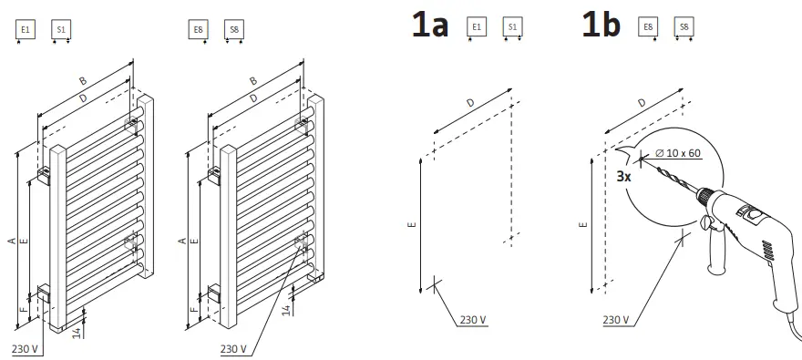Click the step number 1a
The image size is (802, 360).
[x=430, y=25]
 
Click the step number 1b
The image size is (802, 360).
[x=601, y=25]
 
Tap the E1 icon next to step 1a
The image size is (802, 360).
[x=476, y=28]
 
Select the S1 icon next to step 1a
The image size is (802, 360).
[x=512, y=28]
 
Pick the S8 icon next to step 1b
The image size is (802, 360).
[x=683, y=28]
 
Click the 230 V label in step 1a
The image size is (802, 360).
[x=473, y=320]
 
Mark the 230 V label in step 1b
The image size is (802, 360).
[x=616, y=320]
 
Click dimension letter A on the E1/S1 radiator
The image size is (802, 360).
[x=11, y=240]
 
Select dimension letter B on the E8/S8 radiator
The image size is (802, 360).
[x=253, y=81]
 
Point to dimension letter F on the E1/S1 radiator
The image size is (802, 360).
[x=26, y=310]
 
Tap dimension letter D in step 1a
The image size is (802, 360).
[x=470, y=104]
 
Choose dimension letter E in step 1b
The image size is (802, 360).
[x=583, y=222]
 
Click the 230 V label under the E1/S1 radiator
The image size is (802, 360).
[x=25, y=349]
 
